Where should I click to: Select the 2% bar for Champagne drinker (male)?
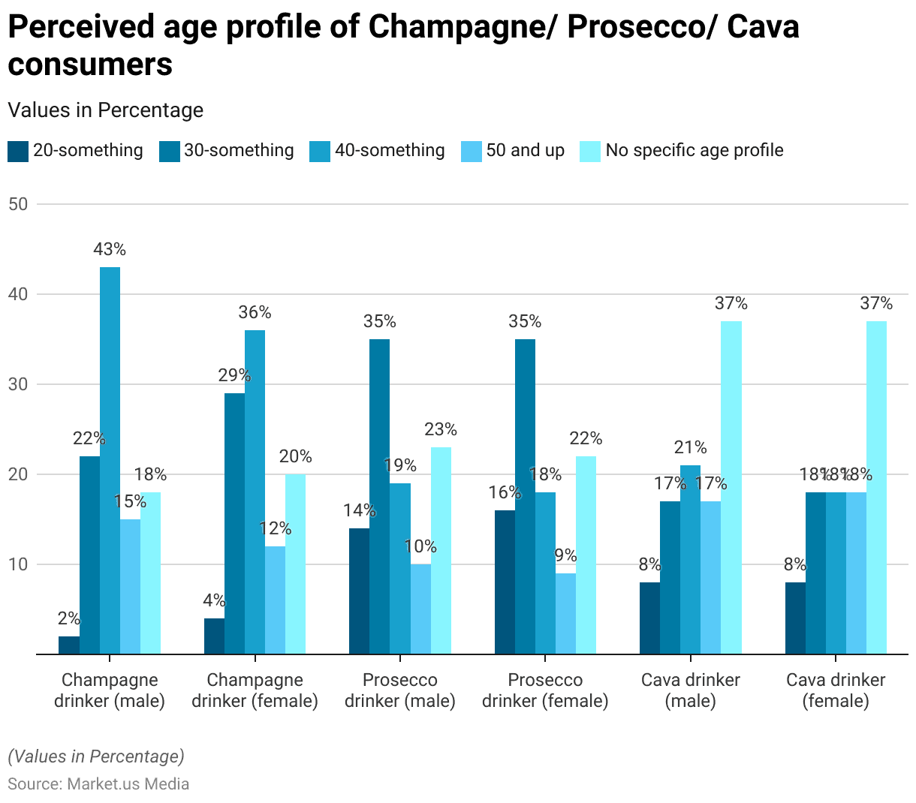(69, 645)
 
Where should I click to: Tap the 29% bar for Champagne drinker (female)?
(234, 523)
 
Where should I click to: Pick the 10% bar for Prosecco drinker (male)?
(420, 609)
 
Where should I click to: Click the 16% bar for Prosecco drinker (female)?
(505, 582)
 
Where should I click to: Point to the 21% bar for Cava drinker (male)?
(690, 559)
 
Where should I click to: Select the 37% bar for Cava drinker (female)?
(876, 487)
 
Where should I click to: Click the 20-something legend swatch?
(18, 151)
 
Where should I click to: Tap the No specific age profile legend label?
(694, 150)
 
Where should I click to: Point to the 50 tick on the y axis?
(18, 204)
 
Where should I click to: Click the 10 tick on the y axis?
(18, 564)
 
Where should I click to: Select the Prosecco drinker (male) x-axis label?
(399, 690)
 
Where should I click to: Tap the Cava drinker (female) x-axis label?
(836, 690)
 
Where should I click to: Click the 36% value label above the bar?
(255, 312)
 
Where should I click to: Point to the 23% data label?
(441, 429)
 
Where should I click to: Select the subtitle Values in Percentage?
(106, 110)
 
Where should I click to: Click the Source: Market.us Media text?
(98, 783)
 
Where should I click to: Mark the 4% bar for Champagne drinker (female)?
(214, 636)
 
